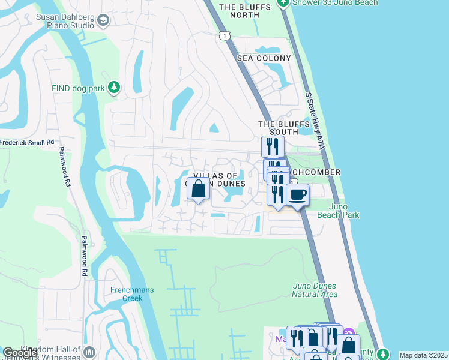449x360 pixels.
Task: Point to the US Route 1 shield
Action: pos(224,36)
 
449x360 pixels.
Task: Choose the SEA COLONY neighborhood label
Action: pos(264,58)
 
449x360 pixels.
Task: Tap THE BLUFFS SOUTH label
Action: pos(284,128)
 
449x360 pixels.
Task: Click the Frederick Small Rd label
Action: pos(27,143)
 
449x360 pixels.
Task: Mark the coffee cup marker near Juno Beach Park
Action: pos(297,194)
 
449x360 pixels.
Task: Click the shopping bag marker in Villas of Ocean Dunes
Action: pos(198,190)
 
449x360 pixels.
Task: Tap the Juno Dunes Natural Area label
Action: pos(315,290)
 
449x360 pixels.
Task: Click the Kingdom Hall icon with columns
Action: pos(90,352)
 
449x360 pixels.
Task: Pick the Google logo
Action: pos(20,353)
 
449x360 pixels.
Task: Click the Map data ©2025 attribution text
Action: pos(423,355)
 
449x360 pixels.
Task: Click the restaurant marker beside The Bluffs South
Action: pos(273,145)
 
